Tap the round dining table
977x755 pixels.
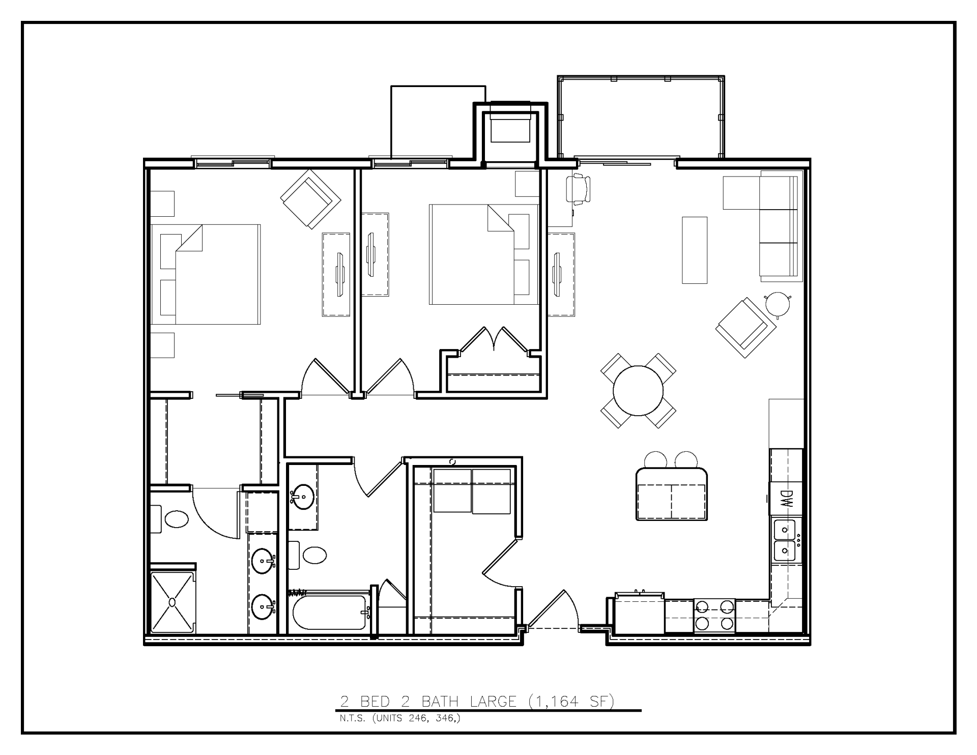point(638,391)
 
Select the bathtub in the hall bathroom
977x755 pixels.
point(330,612)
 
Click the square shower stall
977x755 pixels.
point(173,603)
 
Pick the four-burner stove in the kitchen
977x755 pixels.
point(714,615)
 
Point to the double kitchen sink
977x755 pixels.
point(785,540)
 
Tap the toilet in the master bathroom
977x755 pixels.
point(176,519)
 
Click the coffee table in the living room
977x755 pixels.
point(695,250)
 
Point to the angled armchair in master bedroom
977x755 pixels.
point(310,199)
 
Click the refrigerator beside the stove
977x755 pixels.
point(639,615)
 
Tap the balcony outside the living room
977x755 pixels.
point(641,117)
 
